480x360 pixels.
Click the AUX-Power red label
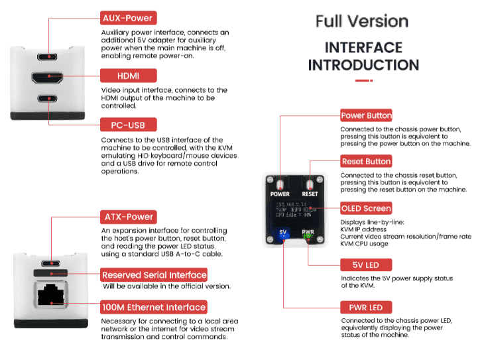127,18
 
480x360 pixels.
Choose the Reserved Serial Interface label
154,274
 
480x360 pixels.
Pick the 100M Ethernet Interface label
153,306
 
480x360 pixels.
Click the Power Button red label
366,115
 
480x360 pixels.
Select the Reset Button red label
366,161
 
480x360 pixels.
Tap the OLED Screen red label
366,208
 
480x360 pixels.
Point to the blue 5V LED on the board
283,234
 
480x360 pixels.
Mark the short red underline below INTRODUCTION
363,81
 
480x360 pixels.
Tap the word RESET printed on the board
310,194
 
